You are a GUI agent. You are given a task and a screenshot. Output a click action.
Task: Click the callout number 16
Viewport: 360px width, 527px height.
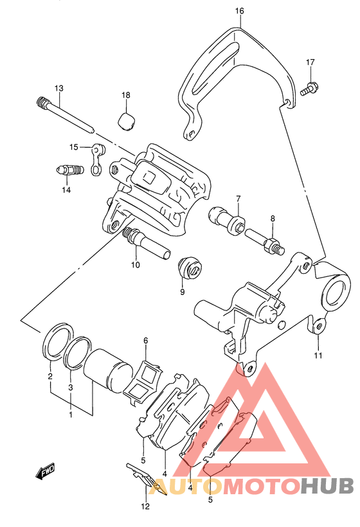(x=239, y=11)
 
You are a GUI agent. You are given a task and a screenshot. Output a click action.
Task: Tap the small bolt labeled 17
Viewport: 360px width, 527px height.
(x=309, y=89)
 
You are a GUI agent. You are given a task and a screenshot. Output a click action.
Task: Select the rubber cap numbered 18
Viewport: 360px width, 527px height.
(x=127, y=121)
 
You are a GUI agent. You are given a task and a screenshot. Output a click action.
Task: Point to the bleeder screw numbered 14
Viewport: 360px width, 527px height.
(x=69, y=170)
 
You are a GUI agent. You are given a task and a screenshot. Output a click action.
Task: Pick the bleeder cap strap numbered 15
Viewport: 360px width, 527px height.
(x=98, y=159)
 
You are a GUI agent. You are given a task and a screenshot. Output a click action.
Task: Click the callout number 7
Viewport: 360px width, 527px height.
(x=239, y=199)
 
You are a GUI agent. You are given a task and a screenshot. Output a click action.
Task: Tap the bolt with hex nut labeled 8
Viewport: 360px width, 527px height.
(x=265, y=242)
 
